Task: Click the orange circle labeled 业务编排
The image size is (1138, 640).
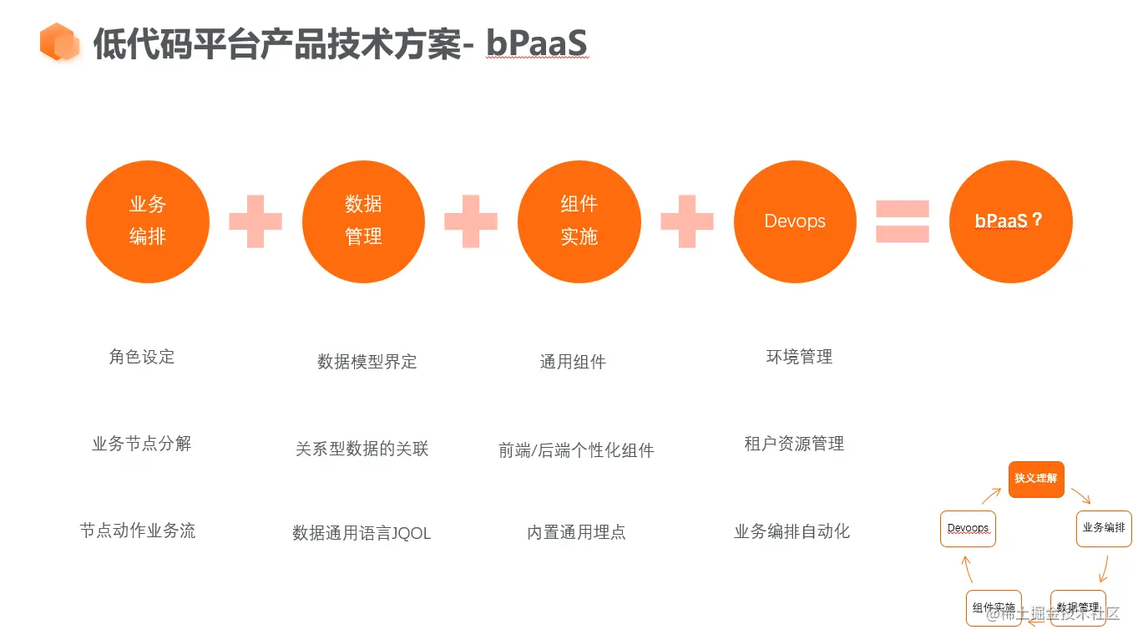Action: (x=148, y=221)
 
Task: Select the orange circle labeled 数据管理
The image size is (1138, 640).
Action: (x=363, y=221)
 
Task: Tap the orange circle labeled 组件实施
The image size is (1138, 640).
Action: (x=579, y=221)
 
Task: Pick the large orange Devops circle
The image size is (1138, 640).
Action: (x=795, y=221)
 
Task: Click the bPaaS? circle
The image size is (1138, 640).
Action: (x=1010, y=221)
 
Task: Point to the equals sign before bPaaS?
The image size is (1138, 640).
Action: (x=903, y=221)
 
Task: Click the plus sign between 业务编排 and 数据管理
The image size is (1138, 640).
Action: (x=255, y=221)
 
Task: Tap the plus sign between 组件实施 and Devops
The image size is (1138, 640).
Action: (x=687, y=221)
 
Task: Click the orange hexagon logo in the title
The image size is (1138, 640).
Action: (x=59, y=42)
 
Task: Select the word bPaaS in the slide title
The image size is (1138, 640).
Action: (x=538, y=43)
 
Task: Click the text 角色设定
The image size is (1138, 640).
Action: (x=142, y=357)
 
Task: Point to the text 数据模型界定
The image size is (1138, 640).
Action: (x=367, y=362)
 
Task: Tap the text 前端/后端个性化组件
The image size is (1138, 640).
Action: (x=576, y=450)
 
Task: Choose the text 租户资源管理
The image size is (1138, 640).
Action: (x=794, y=444)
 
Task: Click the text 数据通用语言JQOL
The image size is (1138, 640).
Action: (x=362, y=533)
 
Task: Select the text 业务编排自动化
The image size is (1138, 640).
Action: (x=792, y=531)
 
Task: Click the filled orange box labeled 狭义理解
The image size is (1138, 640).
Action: (x=1036, y=479)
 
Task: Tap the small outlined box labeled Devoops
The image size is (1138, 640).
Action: (x=969, y=528)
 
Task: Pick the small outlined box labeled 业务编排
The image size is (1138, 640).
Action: (x=1104, y=528)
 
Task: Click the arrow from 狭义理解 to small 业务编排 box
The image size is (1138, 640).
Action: (x=1080, y=495)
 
